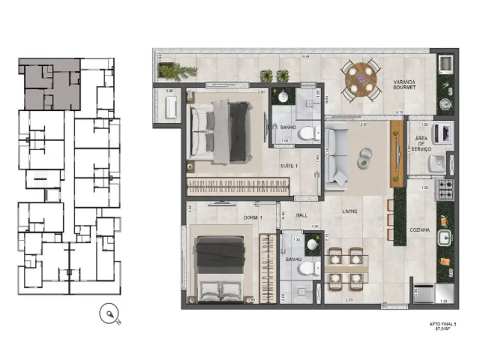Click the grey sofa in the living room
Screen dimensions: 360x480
[x=335, y=155]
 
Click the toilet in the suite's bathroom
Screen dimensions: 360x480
[x=306, y=133]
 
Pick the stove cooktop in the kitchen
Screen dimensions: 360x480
[x=446, y=189]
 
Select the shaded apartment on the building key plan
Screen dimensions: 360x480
[x=50, y=83]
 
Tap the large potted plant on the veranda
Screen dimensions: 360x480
[x=178, y=71]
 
